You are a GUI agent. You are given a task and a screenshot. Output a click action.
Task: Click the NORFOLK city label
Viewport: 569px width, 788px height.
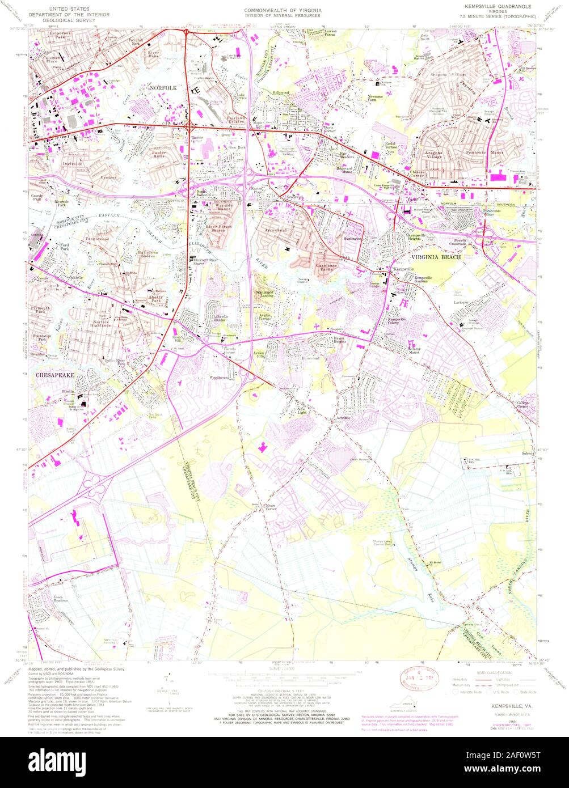click(x=163, y=88)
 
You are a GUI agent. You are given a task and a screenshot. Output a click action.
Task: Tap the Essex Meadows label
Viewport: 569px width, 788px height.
click(x=61, y=598)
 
